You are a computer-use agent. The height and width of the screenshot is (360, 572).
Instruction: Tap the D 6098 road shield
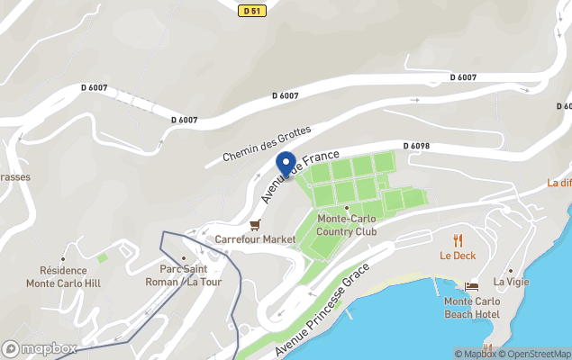416,145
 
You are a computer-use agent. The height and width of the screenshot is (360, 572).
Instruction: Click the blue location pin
286,165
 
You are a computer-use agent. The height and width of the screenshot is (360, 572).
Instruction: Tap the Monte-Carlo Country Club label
347,225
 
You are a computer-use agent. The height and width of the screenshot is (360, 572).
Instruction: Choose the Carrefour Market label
255,239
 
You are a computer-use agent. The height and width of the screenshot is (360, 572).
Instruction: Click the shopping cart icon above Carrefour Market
255,224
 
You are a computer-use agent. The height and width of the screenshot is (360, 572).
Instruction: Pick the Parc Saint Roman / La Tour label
184,275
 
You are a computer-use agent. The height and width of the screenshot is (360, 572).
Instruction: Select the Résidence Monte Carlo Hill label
64,276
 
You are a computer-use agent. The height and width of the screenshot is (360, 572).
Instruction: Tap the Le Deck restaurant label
458,255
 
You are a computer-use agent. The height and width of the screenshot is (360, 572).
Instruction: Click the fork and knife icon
458,239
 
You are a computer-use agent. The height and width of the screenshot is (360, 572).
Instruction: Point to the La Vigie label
511,282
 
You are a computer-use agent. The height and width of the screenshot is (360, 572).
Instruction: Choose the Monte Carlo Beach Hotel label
472,307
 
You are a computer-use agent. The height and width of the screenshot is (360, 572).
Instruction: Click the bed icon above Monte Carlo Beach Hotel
471,286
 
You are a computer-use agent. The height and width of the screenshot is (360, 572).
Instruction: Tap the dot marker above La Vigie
511,269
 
